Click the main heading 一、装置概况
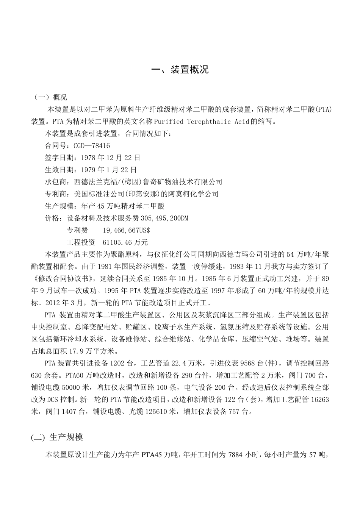coord(180,70)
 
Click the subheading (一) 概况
coord(51,97)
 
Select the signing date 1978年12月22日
coord(108,158)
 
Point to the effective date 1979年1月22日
coord(106,170)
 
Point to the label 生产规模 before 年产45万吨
coord(58,206)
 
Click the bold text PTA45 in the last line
coord(152,455)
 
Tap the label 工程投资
coord(81,242)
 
